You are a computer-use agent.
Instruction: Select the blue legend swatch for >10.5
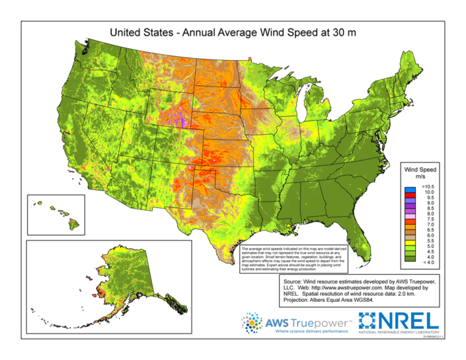[411, 188]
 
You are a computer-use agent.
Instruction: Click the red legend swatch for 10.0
[411, 194]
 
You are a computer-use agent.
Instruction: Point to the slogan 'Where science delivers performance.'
[301, 332]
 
